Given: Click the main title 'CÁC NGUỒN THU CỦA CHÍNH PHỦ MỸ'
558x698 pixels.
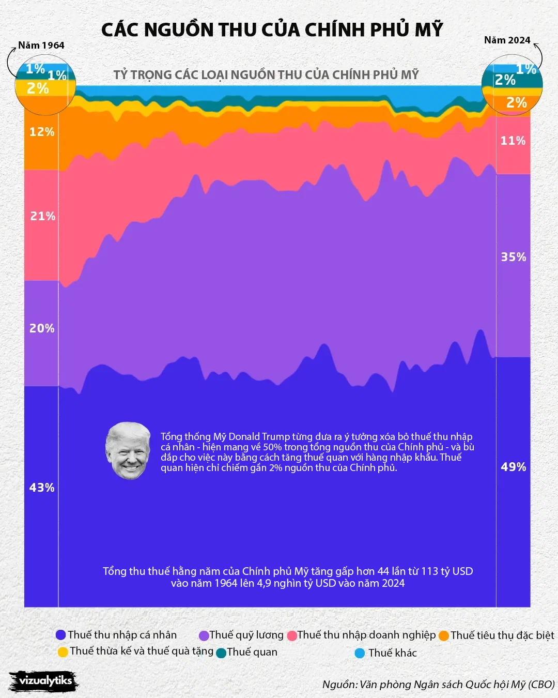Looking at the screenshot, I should click(272, 29).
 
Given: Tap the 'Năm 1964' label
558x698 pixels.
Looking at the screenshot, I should click(41, 45).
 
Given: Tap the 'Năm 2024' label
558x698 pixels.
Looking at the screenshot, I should click(507, 40).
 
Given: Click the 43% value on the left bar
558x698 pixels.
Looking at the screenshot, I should click(42, 488).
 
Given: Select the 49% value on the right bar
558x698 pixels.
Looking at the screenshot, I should click(513, 467).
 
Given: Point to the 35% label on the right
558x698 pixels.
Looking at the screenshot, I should click(513, 257).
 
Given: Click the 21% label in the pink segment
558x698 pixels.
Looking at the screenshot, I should click(42, 216).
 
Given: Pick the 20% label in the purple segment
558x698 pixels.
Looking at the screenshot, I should click(42, 328).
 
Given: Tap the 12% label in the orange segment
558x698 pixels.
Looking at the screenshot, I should click(42, 132).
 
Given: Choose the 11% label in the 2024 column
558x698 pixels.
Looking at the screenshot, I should click(513, 141).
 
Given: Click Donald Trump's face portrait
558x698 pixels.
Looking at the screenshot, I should click(128, 450).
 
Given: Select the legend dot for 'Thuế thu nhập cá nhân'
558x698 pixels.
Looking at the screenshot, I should click(61, 635).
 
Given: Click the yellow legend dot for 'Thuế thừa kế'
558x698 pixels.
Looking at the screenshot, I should click(63, 651).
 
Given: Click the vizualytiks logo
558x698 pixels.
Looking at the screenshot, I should click(44, 681).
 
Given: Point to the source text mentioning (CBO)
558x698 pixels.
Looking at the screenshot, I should click(438, 685).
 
